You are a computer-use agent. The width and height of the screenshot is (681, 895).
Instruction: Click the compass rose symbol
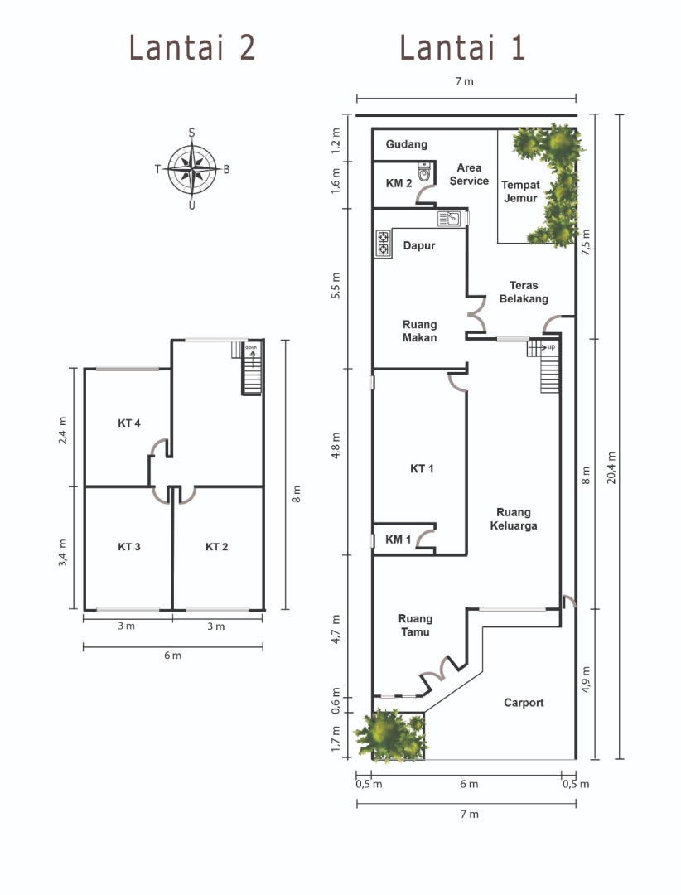192,170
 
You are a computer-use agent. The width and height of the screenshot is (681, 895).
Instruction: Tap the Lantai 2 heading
192,47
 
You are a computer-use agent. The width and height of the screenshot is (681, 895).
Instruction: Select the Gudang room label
407,144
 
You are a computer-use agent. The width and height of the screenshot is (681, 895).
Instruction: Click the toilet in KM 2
424,172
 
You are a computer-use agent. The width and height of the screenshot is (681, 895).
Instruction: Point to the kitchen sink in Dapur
449,219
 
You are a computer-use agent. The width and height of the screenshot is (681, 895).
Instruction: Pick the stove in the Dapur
383,243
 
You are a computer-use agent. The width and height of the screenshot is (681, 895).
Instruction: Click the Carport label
524,703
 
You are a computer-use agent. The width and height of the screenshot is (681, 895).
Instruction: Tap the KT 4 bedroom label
129,423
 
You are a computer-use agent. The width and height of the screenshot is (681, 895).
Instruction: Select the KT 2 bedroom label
216,547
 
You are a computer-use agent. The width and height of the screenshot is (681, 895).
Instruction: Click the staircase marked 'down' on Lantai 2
251,368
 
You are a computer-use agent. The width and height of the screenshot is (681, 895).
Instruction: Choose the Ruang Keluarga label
513,519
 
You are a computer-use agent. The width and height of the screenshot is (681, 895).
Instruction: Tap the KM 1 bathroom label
398,539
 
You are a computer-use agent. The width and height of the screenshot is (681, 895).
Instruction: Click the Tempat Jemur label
520,191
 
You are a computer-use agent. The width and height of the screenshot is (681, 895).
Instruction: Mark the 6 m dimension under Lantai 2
172,656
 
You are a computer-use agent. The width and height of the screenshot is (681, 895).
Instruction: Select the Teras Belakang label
524,292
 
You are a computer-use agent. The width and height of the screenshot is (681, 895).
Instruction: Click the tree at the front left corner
391,735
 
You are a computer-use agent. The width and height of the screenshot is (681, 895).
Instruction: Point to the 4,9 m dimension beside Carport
586,680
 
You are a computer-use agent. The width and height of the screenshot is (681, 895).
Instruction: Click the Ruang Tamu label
415,625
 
